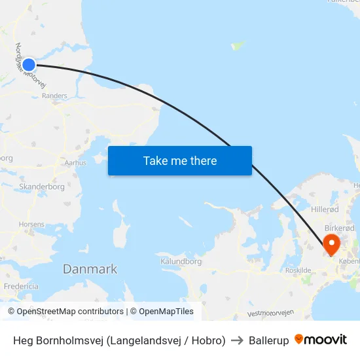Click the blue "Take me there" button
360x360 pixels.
coord(180,161)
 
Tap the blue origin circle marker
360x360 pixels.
coord(29,64)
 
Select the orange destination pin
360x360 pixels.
coord(332,245)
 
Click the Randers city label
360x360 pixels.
coord(54,96)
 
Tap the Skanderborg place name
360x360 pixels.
coord(42,187)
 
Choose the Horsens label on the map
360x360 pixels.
coord(32,224)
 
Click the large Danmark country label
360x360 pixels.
coord(90,269)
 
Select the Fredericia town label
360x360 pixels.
coord(21,287)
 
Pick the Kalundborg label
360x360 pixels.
coord(181,261)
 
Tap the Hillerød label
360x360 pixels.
coord(325,209)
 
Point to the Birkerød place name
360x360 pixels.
coord(340,228)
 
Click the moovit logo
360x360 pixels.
coord(321,340)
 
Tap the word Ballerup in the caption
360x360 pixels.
coord(268,340)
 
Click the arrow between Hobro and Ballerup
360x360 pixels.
coord(237,340)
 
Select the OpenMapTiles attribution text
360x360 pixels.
coord(162,312)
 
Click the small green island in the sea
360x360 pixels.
coord(238,46)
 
